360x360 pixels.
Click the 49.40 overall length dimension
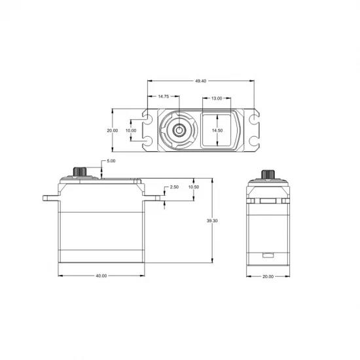coord(201,81)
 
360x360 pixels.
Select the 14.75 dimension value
coord(164,96)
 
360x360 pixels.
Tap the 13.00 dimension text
coord(217,98)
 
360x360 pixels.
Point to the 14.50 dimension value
coord(217,130)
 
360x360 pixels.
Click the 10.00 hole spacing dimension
coord(131,130)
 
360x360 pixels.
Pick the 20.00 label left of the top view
coord(113,130)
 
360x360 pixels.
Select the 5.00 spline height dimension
coord(111,161)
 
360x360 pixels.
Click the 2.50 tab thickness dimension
coord(174,187)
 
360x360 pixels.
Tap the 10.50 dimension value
coord(194,187)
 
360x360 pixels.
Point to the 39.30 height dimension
coord(212,221)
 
